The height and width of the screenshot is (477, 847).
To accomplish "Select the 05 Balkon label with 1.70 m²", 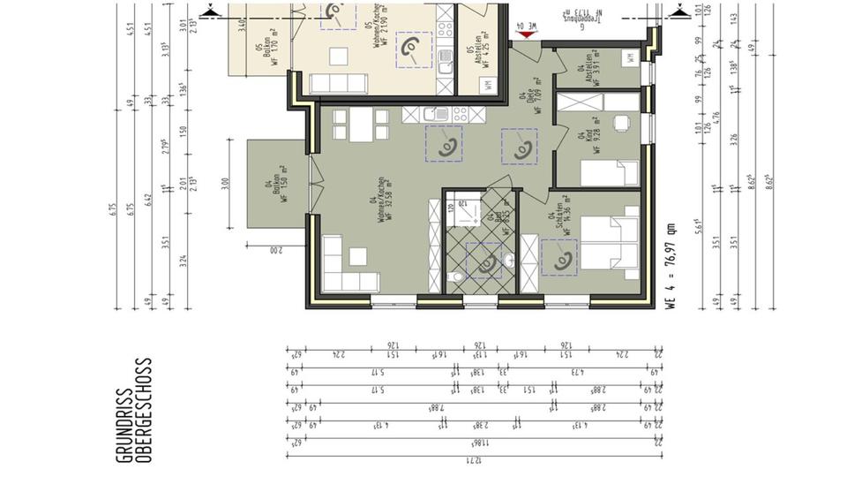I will point(266,55).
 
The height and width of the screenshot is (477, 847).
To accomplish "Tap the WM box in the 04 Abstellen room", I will point(631,57).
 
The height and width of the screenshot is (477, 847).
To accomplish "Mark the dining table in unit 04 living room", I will point(360,129).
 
